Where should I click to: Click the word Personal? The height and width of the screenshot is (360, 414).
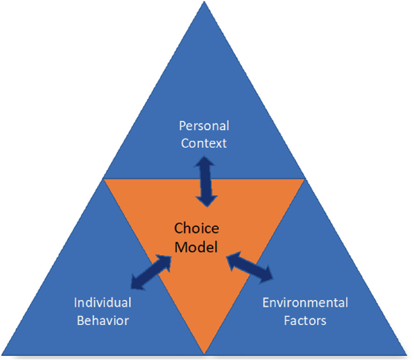pos(204,126)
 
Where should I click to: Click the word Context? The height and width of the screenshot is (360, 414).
pos(204,144)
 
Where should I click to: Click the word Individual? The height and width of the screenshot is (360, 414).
pos(102,302)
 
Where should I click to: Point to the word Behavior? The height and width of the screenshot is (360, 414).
pos(102,320)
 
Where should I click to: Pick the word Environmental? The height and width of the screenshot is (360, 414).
pos(305,302)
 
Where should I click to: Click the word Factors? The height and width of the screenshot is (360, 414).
pos(305,320)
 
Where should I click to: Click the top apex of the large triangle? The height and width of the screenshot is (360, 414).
pos(205,4)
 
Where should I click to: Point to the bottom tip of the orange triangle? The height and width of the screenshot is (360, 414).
pos(205,353)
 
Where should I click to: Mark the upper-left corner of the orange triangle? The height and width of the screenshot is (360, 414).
pos(105,180)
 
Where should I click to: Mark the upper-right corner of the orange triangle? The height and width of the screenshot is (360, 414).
pos(305,180)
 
